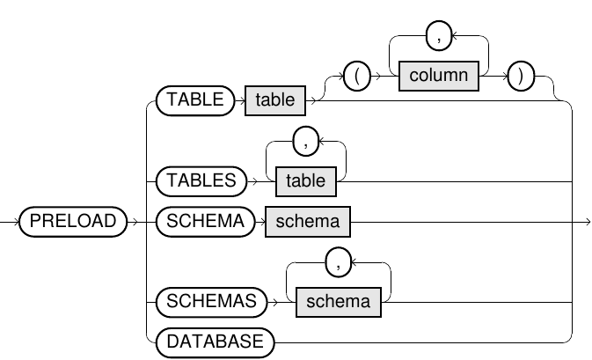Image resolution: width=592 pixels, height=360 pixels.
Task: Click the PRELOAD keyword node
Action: [73, 221]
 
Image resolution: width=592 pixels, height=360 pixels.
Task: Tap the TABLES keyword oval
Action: [201, 180]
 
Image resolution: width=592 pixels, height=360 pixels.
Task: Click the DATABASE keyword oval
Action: [214, 342]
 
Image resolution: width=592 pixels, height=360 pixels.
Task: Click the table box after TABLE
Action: [275, 100]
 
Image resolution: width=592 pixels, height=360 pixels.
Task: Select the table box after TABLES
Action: [305, 180]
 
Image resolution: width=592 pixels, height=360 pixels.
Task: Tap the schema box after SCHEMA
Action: [307, 221]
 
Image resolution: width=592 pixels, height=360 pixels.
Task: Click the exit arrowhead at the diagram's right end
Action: [585, 221]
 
